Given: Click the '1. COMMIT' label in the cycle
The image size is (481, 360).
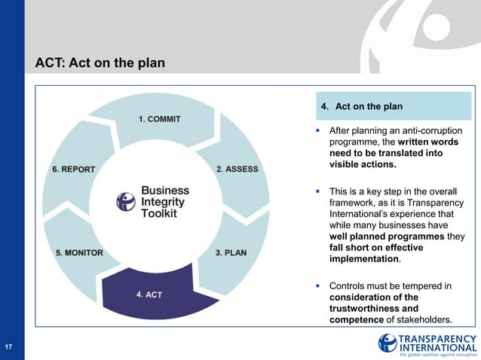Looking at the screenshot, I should tap(159, 119).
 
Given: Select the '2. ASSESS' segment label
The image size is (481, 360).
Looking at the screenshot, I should tap(237, 169).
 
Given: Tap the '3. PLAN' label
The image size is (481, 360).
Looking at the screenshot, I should tap(231, 252).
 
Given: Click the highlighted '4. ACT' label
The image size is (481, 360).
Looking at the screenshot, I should tap(149, 294).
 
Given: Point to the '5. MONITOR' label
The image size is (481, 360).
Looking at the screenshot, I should tap(79, 252).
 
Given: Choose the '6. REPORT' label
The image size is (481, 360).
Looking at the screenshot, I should tap(74, 169).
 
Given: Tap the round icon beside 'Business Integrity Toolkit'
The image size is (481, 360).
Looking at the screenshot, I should tap(125, 201).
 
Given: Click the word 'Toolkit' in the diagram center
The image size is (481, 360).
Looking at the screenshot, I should tap(159, 213).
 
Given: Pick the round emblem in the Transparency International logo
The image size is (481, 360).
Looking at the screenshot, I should tap(388, 343).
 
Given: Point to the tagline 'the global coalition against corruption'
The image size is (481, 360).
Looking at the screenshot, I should tap(438, 354).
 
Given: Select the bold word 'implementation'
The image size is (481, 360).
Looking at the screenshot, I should tap(364, 258).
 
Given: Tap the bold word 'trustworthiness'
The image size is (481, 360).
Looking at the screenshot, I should tap(368, 308).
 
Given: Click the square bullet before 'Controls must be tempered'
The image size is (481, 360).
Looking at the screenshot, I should tap(319, 286).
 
